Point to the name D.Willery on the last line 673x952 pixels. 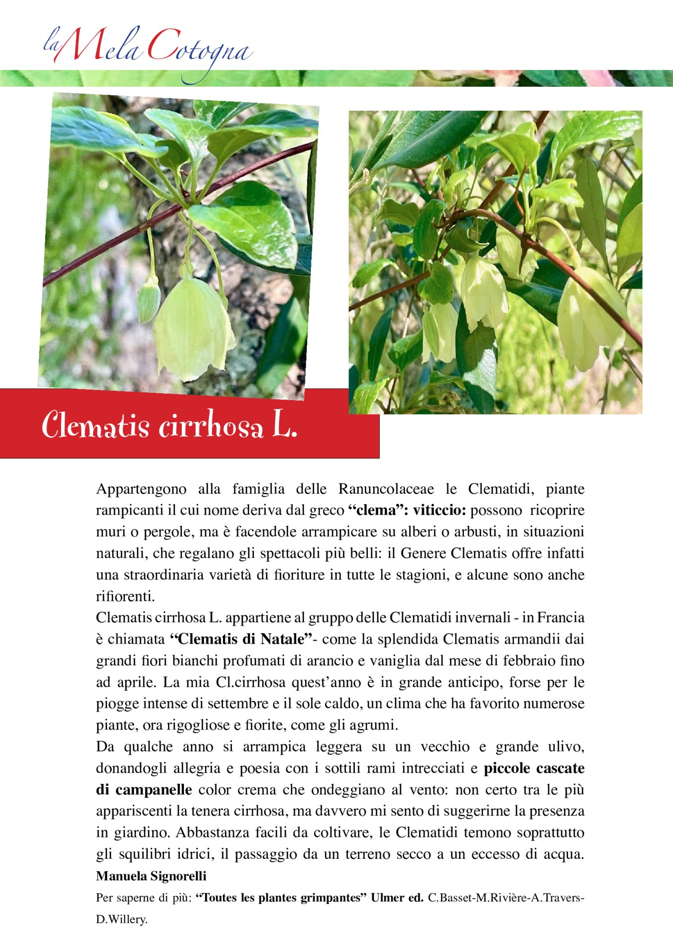coord(121,920)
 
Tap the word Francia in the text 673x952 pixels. coord(561,618)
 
